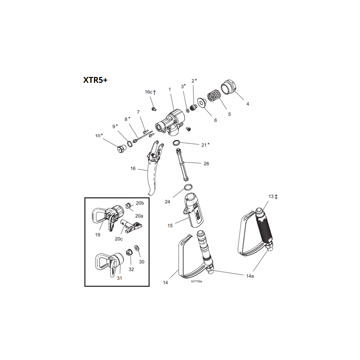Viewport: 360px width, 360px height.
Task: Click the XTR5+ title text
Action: click(x=95, y=80)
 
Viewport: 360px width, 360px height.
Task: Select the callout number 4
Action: click(x=247, y=104)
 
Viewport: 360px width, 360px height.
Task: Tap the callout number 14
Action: click(x=165, y=282)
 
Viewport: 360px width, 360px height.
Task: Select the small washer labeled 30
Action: click(x=137, y=248)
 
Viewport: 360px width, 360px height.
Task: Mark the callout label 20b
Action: click(x=139, y=203)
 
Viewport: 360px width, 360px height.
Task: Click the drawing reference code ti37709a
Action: click(x=196, y=281)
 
